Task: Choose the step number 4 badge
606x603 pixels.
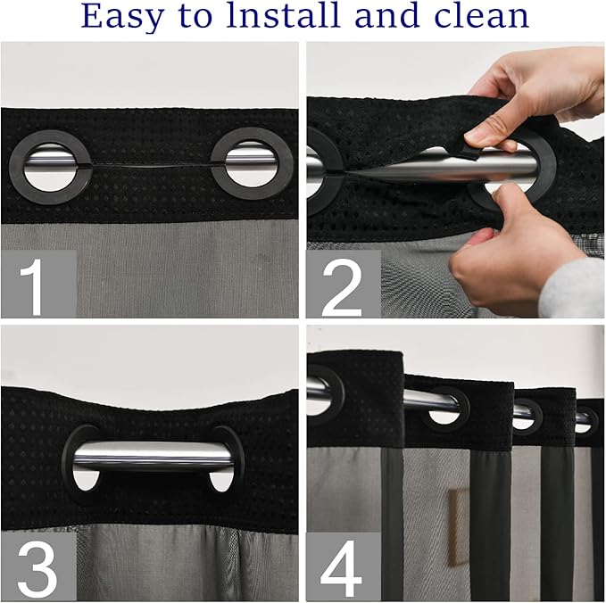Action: tap(343, 564)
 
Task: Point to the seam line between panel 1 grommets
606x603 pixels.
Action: tap(152, 167)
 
